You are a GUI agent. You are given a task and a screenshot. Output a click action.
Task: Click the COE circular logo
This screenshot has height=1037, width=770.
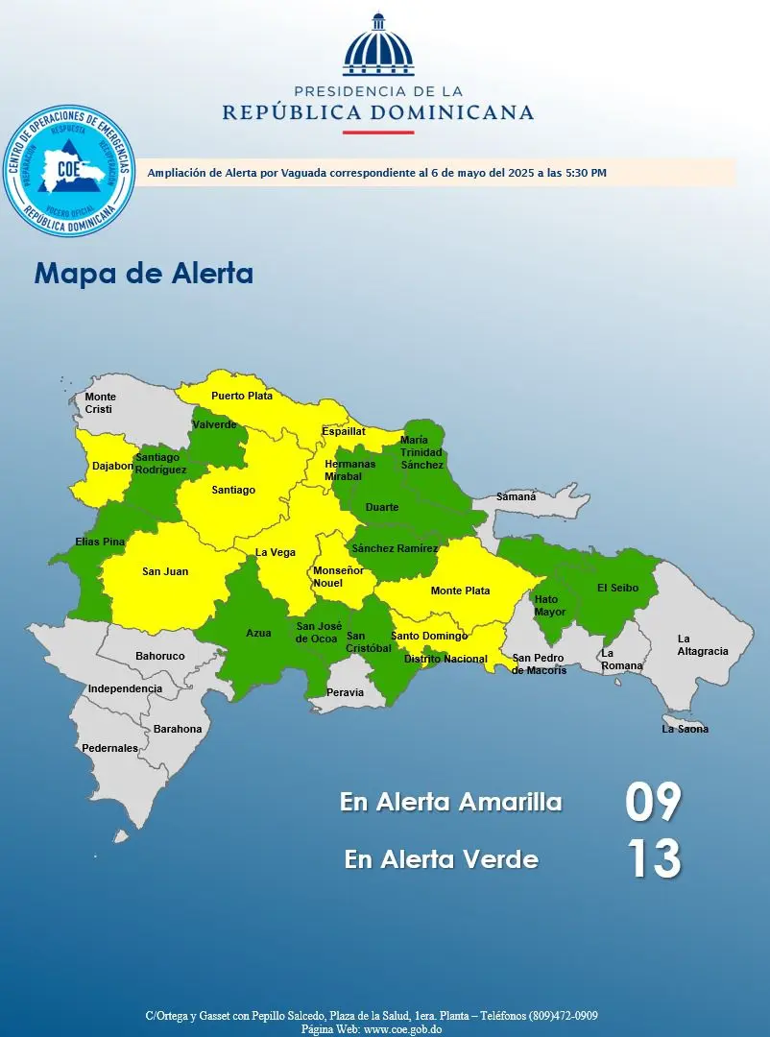(x=68, y=172)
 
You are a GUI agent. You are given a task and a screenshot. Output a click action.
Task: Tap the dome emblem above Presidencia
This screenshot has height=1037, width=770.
(x=378, y=45)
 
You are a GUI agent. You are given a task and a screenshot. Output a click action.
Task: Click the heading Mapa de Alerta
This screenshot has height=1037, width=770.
(x=144, y=274)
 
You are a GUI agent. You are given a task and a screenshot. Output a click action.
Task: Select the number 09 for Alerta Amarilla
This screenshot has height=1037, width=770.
(x=653, y=802)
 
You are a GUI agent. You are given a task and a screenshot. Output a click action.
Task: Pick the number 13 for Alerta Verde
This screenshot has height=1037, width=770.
(x=654, y=858)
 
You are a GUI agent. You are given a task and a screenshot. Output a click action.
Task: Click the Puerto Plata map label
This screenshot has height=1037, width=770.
(x=242, y=396)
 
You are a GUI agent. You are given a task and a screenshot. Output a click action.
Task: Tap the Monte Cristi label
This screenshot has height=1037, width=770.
(x=100, y=403)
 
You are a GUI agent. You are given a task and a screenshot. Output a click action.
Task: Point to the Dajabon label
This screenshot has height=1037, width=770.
(x=112, y=467)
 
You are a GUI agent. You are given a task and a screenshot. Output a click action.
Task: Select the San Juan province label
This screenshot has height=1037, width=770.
(x=165, y=571)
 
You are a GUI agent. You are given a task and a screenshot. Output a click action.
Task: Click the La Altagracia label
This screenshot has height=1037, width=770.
(x=703, y=645)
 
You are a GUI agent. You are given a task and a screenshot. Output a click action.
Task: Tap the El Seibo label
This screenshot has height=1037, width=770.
(x=618, y=588)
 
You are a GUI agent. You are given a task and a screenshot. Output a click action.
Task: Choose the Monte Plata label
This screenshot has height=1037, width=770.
(x=460, y=591)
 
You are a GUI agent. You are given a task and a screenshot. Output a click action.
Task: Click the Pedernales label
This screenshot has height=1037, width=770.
(x=109, y=748)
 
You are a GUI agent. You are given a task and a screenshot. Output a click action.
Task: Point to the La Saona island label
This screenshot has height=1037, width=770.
(x=686, y=729)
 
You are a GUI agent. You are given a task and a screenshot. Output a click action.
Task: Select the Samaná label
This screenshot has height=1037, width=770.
(x=517, y=497)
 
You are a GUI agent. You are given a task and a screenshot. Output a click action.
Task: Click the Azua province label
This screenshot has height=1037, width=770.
(x=258, y=634)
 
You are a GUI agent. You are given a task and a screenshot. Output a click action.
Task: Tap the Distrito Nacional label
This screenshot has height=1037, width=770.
(x=445, y=660)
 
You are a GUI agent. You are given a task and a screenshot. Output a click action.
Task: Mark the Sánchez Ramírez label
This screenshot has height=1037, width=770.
(x=395, y=549)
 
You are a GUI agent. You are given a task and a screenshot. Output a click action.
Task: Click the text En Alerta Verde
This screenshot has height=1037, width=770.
(x=441, y=859)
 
